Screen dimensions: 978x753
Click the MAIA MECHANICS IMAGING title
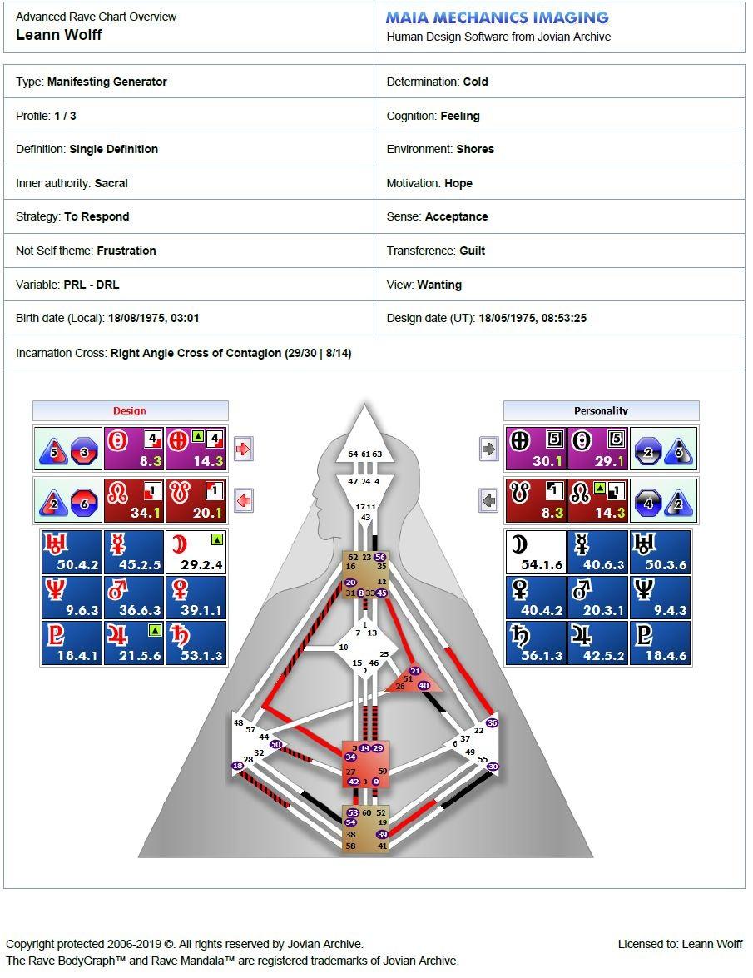click(x=497, y=17)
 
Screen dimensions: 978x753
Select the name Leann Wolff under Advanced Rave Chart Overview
click(x=59, y=35)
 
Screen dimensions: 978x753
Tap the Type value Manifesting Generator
click(x=107, y=82)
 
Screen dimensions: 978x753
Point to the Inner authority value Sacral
click(x=111, y=183)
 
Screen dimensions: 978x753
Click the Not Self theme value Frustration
click(x=126, y=251)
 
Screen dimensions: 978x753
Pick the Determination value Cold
click(x=475, y=82)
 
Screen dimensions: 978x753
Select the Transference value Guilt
click(x=472, y=251)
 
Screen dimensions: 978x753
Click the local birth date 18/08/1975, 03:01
click(x=154, y=318)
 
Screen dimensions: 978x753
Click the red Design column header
click(x=130, y=410)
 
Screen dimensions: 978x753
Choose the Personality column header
click(x=601, y=410)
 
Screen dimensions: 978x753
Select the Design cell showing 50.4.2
click(x=72, y=552)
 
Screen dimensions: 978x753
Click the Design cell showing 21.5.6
click(x=134, y=643)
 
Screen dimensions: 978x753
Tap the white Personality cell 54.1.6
click(x=536, y=552)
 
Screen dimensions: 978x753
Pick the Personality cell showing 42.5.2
click(x=598, y=643)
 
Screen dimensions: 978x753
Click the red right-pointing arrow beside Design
click(x=243, y=449)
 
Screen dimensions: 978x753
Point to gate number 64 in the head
click(x=353, y=454)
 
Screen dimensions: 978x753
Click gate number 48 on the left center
click(x=239, y=723)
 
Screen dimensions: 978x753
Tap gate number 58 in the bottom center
click(x=350, y=846)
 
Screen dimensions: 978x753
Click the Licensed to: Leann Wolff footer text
click(x=680, y=944)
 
